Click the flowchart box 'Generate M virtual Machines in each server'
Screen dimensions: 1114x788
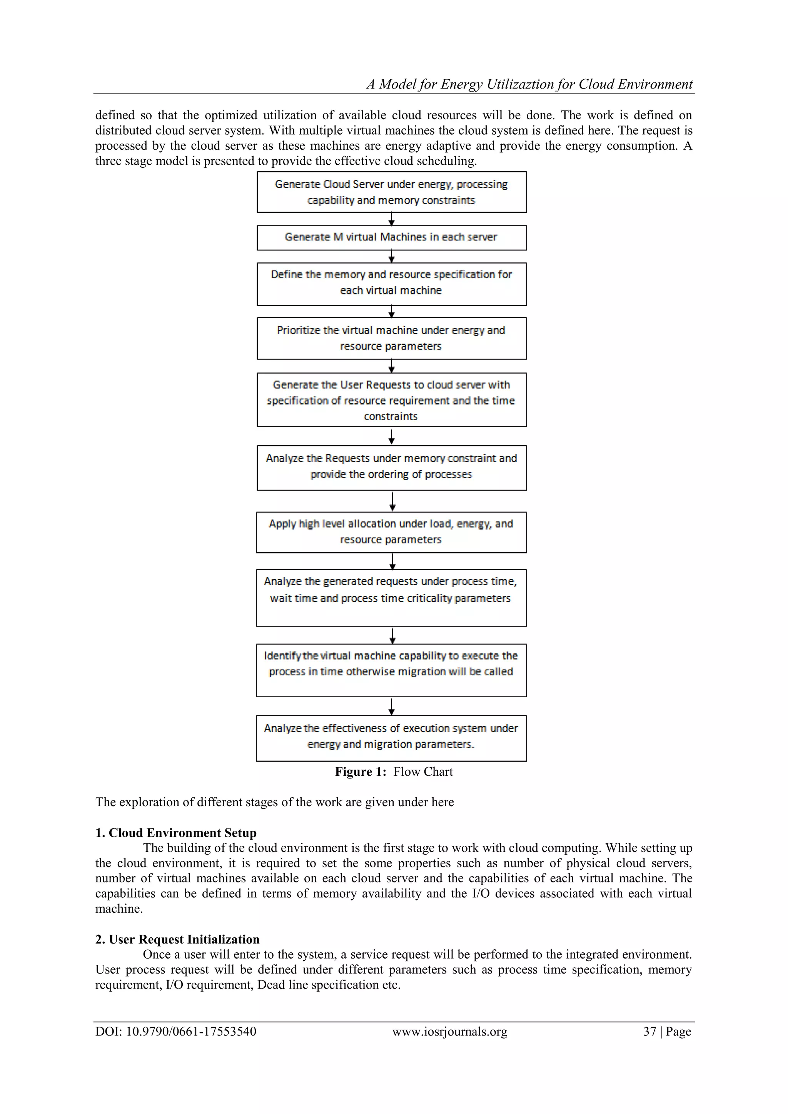[392, 237]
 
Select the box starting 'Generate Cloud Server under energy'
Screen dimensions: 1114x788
[392, 192]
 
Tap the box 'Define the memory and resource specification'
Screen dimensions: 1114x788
[392, 284]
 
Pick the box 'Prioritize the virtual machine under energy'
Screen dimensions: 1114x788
[392, 338]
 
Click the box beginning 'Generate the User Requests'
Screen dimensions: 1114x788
[392, 400]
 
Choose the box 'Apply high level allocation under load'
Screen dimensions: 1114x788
[392, 532]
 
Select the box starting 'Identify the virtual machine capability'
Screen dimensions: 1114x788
[392, 670]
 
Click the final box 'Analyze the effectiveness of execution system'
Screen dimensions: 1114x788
[392, 738]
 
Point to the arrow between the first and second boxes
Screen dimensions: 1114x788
[392, 219]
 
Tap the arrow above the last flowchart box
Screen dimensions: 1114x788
[392, 706]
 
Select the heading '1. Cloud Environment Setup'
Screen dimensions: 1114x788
[176, 833]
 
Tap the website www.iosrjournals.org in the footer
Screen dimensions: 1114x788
[450, 1031]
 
